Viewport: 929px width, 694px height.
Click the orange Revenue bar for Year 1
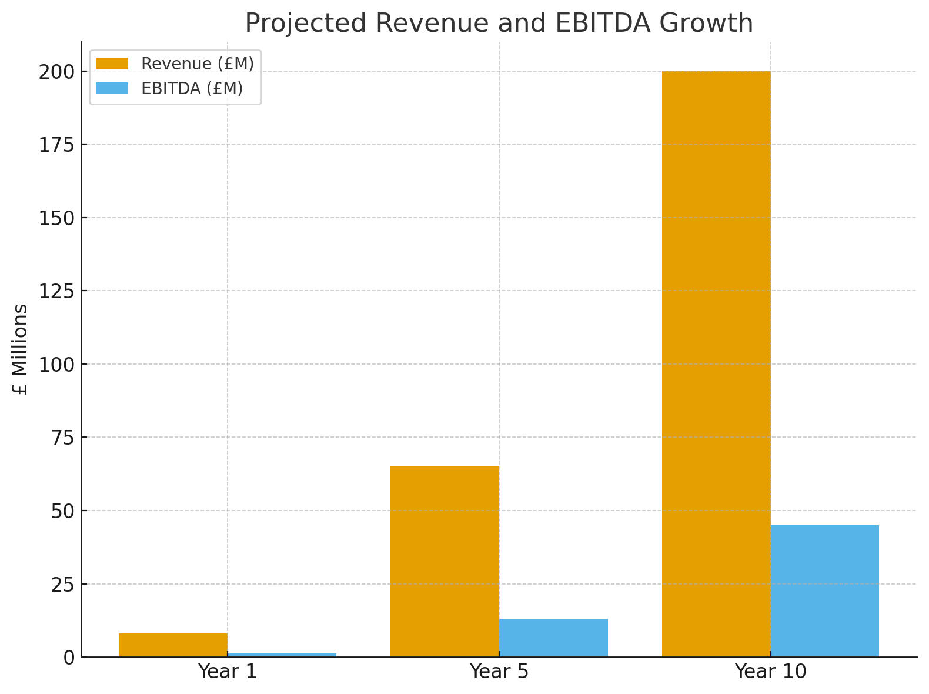pos(173,645)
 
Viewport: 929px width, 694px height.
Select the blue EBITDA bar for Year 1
pos(282,655)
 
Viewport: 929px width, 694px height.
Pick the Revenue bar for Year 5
pos(445,562)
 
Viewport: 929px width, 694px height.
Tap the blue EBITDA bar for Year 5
pos(553,638)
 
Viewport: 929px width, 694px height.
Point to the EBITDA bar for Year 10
pos(825,590)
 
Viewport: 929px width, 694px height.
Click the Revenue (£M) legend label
pos(198,64)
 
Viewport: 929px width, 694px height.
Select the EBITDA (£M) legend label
pos(192,88)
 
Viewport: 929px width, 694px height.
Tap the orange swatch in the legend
pos(112,64)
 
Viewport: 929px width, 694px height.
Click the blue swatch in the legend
pos(112,88)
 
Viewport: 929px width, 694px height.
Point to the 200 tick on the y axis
pos(57,72)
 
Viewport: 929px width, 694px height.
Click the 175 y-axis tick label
pos(57,145)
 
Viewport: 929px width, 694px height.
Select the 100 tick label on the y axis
pos(57,365)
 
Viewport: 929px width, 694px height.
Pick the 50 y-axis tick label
pos(63,511)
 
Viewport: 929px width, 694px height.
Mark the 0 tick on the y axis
pos(69,658)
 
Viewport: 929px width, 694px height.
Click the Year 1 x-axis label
pos(228,672)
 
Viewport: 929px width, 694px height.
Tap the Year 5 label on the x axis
pos(499,672)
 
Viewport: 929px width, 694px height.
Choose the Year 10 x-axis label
pos(771,672)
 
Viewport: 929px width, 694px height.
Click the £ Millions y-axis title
pos(21,349)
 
